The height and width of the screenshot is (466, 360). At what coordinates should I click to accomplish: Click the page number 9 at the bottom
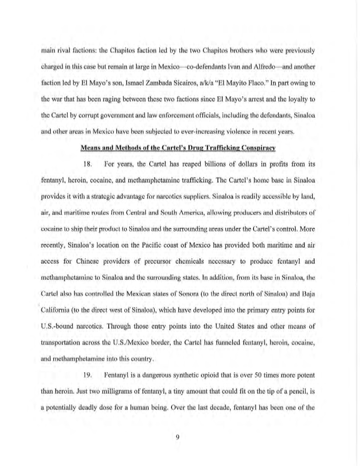coord(177,437)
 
